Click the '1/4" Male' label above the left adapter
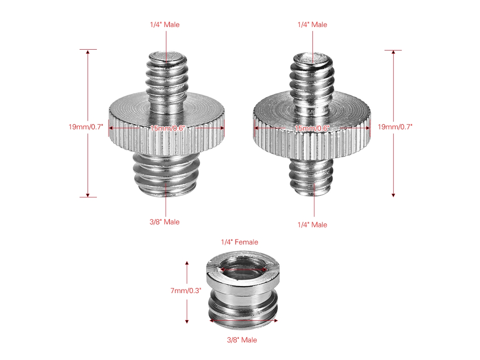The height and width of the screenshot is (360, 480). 165,25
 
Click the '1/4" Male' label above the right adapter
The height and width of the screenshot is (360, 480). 312,25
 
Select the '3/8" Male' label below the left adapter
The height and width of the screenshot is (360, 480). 164,222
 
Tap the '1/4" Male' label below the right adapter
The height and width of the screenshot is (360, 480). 312,225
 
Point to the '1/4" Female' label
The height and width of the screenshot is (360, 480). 240,242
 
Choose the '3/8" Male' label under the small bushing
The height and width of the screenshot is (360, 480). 242,340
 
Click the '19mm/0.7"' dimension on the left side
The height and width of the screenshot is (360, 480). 86,127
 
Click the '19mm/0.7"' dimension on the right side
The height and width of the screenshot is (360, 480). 395,127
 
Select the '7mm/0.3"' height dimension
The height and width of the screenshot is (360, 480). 186,291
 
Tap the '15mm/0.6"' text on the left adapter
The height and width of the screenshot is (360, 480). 168,128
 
